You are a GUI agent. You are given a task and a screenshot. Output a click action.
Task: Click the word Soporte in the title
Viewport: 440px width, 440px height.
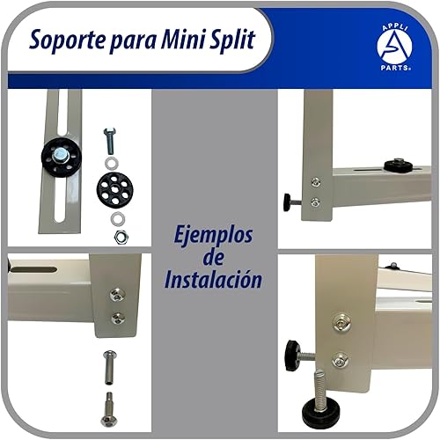click(x=67, y=40)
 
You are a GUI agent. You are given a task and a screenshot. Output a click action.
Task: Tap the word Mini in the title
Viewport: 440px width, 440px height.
click(x=180, y=40)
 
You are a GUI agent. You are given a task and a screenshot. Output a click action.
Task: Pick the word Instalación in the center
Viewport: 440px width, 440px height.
click(x=214, y=280)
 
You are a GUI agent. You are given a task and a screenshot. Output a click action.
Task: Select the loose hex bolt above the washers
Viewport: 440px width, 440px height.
click(x=110, y=139)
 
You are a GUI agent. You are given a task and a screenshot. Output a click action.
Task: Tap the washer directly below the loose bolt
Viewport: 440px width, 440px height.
click(x=110, y=162)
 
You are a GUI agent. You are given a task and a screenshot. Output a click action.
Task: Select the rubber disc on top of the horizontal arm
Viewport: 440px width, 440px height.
click(x=398, y=165)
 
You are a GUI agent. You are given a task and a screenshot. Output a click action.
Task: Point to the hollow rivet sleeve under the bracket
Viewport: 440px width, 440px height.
click(x=109, y=361)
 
